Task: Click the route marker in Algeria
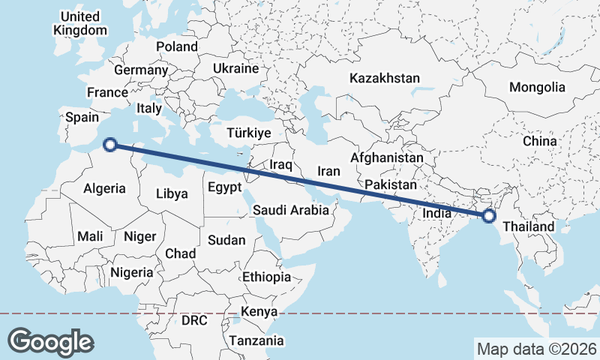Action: [x=109, y=144]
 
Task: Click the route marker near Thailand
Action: [x=489, y=216]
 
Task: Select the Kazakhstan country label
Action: [x=385, y=78]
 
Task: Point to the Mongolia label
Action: [x=537, y=87]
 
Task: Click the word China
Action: [x=540, y=140]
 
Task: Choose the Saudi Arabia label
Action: [x=290, y=210]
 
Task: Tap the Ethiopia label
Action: [x=266, y=277]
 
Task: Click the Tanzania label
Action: [x=257, y=340]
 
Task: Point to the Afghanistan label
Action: [x=387, y=158]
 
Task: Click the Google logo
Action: [x=50, y=341]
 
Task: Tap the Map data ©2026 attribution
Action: [x=536, y=349]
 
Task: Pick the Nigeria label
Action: [x=131, y=272]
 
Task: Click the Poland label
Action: [x=177, y=46]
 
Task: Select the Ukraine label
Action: [x=235, y=67]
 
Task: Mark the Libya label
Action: [x=172, y=193]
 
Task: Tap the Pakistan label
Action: [x=390, y=184]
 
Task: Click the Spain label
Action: [x=82, y=117]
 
